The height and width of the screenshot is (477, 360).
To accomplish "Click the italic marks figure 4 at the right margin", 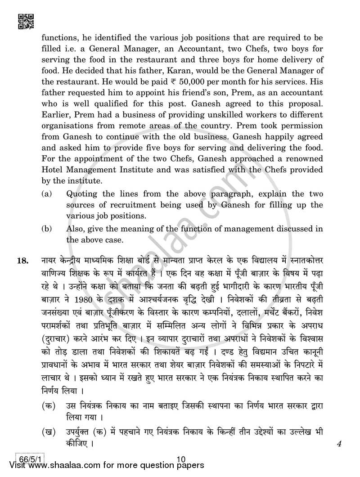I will (338, 443).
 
